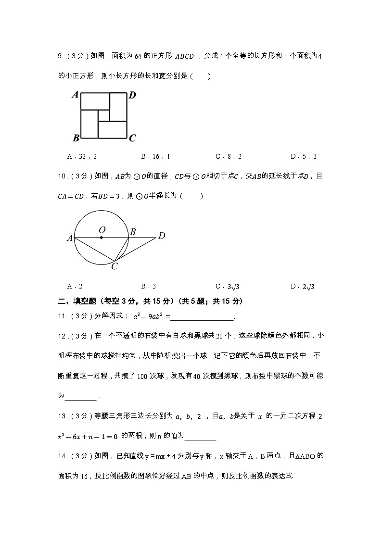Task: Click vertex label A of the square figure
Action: [x=75, y=95]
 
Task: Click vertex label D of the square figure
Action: [x=132, y=95]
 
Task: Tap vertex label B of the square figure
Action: [x=76, y=138]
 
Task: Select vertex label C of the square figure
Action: [x=132, y=138]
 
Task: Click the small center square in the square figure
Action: [x=104, y=116]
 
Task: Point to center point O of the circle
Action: [x=101, y=237]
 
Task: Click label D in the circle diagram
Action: [x=162, y=236]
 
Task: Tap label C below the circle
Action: [x=115, y=266]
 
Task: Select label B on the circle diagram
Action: [x=133, y=232]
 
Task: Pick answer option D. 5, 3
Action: [x=303, y=156]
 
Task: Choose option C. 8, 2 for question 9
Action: [x=229, y=156]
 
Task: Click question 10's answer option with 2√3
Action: [x=303, y=287]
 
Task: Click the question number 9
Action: [x=60, y=56]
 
